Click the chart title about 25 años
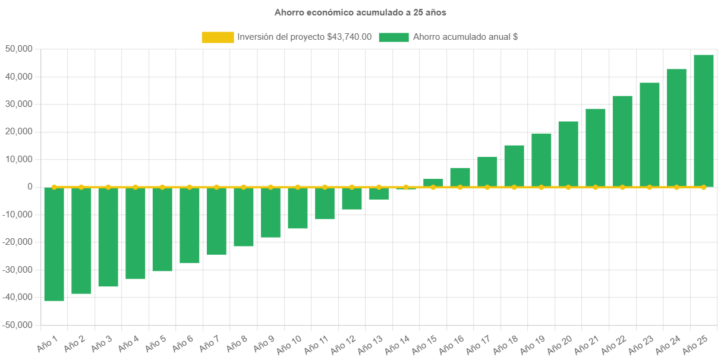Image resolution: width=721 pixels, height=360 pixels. tap(360, 12)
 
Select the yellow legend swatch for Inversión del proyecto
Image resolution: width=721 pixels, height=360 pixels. tap(218, 37)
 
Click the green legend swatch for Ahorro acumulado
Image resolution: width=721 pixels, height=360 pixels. tap(393, 37)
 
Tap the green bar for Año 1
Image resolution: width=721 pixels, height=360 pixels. tap(54, 244)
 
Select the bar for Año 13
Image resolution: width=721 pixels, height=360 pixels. tap(379, 194)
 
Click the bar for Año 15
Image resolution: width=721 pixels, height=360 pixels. tap(433, 182)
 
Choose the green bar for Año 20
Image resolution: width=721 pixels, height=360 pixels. tap(568, 154)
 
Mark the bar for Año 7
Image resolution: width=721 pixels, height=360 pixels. tap(216, 221)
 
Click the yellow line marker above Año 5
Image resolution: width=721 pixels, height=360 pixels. tap(162, 187)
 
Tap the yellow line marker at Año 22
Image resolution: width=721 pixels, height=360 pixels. tap(622, 187)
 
